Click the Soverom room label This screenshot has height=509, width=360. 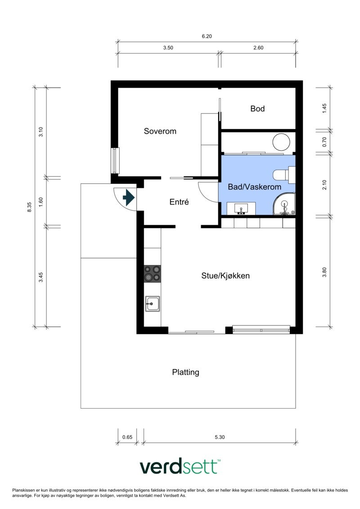point(160,131)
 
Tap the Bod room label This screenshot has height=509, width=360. point(257,108)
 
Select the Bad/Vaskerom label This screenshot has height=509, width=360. point(255,187)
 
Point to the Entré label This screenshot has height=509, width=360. point(179,202)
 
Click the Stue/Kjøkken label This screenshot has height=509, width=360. point(225,275)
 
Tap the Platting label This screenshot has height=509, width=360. point(186,372)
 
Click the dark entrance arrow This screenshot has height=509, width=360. point(129,198)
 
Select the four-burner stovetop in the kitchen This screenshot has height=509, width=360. point(152,274)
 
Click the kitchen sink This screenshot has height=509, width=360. point(152,304)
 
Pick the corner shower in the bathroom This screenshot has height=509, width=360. point(284,204)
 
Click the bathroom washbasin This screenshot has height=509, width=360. point(241,208)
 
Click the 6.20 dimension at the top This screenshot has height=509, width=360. point(207,36)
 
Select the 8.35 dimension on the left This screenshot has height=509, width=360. point(30,207)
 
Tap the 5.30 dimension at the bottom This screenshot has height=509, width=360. point(220,437)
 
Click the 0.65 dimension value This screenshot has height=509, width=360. point(127,437)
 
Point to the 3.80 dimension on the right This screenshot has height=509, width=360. point(324,272)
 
